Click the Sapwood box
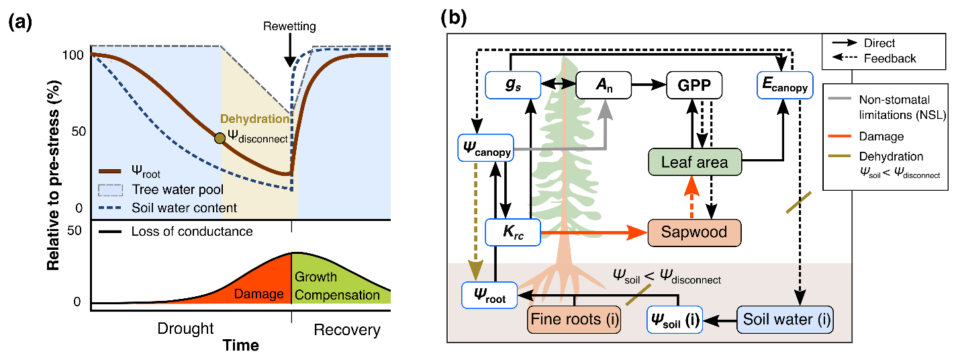coord(696,233)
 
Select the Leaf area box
coord(694,162)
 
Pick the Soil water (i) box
coord(785,318)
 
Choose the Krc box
coord(512,232)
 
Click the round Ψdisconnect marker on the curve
coord(220,138)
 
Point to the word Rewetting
coord(289,27)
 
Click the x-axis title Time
coord(240,345)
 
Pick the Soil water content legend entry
coord(184,208)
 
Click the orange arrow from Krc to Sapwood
coord(591,233)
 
